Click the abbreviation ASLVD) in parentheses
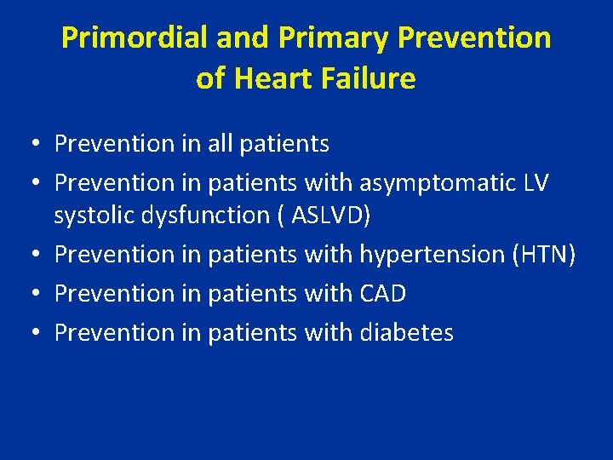331,216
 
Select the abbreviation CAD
383,293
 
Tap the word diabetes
407,332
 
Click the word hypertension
433,255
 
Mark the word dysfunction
207,216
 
